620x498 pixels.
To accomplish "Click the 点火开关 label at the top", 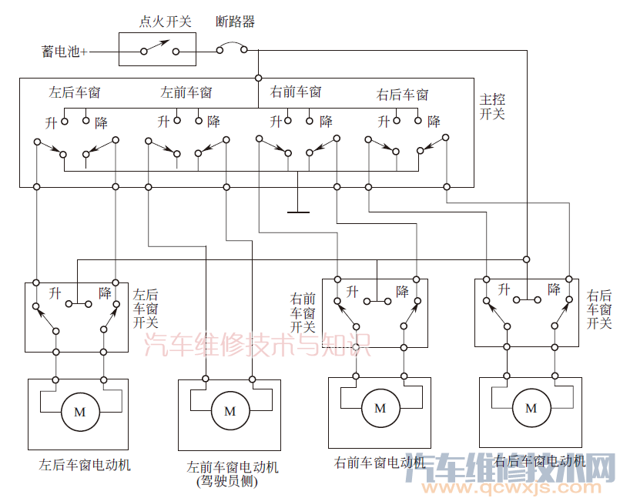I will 163,22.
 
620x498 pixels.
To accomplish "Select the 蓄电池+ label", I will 65,52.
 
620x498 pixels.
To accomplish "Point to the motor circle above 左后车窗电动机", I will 79,412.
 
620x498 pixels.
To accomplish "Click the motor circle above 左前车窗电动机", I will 230,412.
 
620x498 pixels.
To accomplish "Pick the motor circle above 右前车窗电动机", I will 380,409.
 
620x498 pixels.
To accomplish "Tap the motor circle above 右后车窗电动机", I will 531,409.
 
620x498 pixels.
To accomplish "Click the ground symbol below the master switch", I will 297,212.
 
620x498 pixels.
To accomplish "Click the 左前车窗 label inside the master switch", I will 186,93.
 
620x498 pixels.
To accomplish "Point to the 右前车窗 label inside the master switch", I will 296,92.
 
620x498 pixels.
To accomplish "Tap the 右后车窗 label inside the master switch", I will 402,95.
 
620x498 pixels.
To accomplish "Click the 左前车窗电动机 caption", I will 233,467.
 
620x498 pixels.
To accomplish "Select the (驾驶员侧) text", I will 227,482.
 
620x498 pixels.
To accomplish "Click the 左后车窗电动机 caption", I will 85,465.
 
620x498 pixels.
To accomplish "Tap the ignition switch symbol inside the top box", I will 158,51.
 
